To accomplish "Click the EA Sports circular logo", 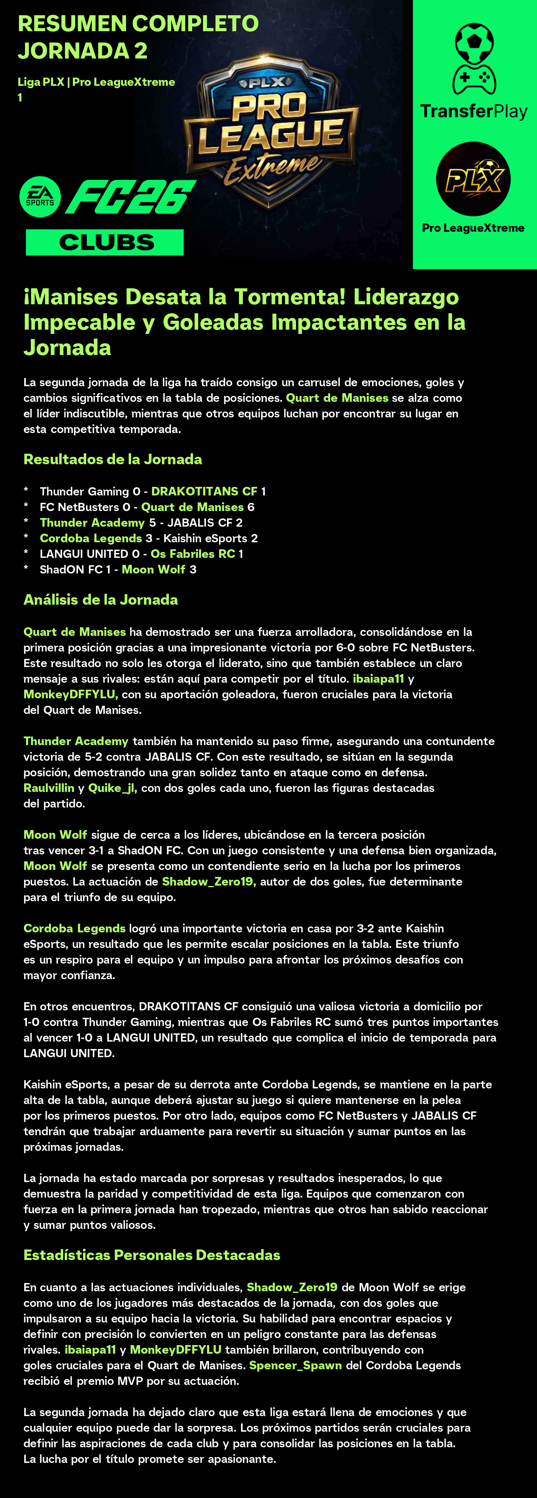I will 40,197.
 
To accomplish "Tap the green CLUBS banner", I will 105,242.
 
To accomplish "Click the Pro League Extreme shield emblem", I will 270,131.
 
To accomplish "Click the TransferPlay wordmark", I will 474,111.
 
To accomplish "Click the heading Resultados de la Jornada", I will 113,460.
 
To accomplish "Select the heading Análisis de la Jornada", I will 101,600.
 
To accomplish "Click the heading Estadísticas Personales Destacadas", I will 152,1255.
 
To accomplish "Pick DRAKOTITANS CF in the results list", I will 204,492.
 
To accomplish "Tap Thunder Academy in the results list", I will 92,523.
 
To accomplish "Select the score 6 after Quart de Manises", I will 251,507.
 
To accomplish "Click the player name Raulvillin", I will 49,788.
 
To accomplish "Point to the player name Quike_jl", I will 112,788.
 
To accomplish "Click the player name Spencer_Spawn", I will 295,1365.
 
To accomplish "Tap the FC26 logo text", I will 130,197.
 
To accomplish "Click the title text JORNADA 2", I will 83,51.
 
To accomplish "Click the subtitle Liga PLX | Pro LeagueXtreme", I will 96,82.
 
